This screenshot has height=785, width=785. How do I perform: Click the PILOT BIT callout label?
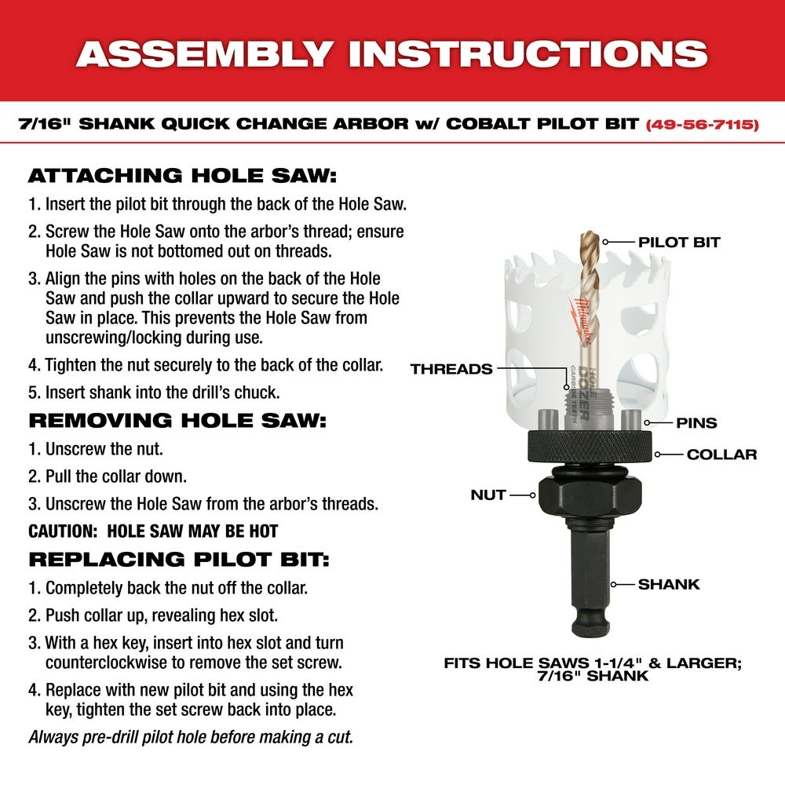click(x=679, y=242)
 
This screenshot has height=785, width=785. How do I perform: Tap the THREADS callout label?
click(x=451, y=368)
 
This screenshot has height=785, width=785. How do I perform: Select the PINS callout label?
click(x=696, y=423)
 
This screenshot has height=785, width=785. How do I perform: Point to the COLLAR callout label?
click(x=721, y=455)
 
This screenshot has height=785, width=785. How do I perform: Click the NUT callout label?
click(x=488, y=495)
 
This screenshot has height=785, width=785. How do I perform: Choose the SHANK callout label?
click(x=668, y=584)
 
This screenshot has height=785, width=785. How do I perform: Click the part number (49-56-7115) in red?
click(x=702, y=124)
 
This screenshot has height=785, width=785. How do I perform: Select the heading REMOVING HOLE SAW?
click(x=177, y=420)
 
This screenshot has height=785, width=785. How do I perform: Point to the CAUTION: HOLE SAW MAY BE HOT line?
click(x=153, y=531)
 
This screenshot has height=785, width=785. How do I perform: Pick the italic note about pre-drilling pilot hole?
click(x=191, y=737)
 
